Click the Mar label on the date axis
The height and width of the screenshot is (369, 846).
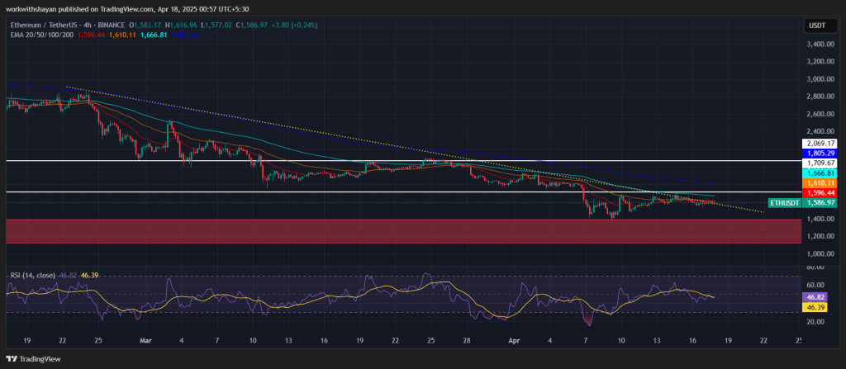145,340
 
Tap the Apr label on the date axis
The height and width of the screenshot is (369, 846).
514,340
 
